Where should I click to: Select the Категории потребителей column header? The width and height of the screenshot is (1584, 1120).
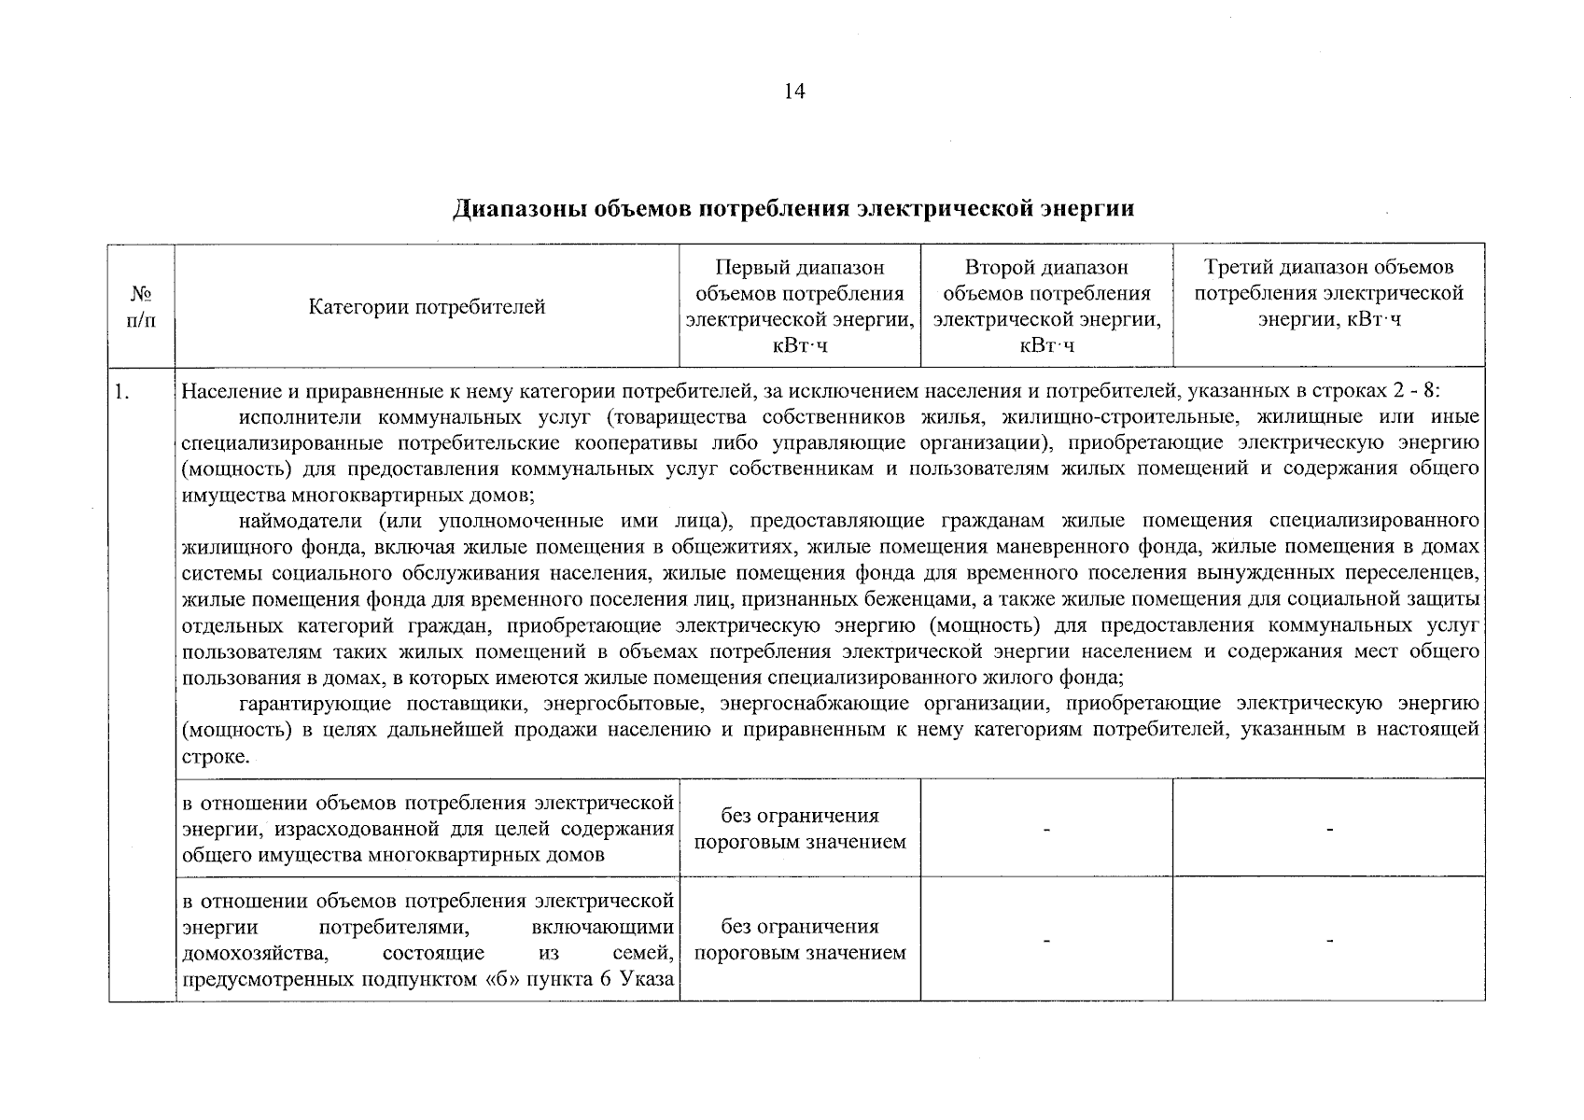pos(427,307)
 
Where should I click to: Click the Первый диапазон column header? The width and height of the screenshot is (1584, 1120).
pos(799,306)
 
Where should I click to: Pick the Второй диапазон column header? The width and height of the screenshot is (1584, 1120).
pos(1046,306)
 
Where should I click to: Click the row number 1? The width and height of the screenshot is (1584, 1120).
pos(120,391)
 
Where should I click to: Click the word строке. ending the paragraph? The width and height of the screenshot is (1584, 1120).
pos(216,756)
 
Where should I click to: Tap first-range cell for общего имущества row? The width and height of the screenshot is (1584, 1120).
pos(799,829)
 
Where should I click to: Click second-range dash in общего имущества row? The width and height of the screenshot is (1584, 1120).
pos(1046,829)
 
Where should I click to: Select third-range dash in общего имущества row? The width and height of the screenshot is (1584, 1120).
pos(1328,829)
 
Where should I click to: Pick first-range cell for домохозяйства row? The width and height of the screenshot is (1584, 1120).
pos(799,940)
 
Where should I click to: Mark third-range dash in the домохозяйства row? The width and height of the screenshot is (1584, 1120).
pos(1328,940)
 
